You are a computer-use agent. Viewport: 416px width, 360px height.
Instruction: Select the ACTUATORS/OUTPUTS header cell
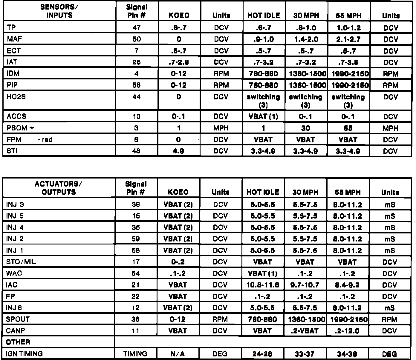[x=59, y=188]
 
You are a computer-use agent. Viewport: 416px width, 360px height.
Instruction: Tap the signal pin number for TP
[x=136, y=28]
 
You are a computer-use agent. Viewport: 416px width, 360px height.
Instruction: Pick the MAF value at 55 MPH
[x=348, y=39]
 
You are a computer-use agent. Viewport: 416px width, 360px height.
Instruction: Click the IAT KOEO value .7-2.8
[x=178, y=62]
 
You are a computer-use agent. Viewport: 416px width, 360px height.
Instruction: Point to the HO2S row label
[x=16, y=97]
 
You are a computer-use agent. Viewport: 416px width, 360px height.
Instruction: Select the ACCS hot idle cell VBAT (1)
[x=263, y=116]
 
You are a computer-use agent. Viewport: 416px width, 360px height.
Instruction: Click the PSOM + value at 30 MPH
[x=305, y=128]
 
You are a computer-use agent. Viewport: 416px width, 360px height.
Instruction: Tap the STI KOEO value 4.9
[x=178, y=151]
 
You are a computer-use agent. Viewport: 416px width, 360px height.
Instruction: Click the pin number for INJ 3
[x=136, y=205]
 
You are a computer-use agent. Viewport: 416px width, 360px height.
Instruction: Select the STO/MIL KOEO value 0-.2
[x=178, y=262]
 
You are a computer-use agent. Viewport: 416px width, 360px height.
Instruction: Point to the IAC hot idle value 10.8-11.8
[x=263, y=285]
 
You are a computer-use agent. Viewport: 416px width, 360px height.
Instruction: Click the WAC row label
[x=14, y=273]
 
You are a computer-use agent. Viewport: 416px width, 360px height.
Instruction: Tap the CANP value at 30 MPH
[x=305, y=331]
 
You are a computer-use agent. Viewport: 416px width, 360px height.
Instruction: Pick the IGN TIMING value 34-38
[x=348, y=354]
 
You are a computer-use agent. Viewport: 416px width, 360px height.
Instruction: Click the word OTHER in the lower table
[x=18, y=342]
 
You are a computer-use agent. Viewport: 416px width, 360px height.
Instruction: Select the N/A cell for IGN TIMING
[x=178, y=354]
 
